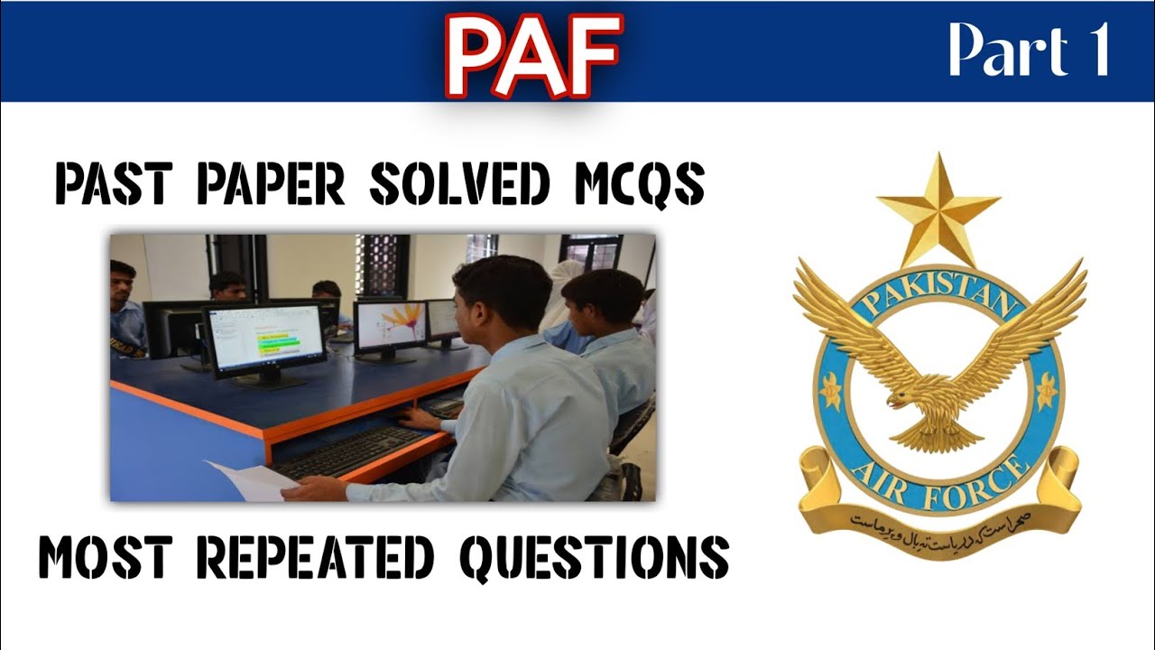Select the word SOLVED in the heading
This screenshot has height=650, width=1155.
(x=459, y=186)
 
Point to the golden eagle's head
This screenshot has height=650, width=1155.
(x=902, y=398)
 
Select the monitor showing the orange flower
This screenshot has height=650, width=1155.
(x=389, y=326)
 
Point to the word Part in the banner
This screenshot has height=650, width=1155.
(x=1002, y=51)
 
